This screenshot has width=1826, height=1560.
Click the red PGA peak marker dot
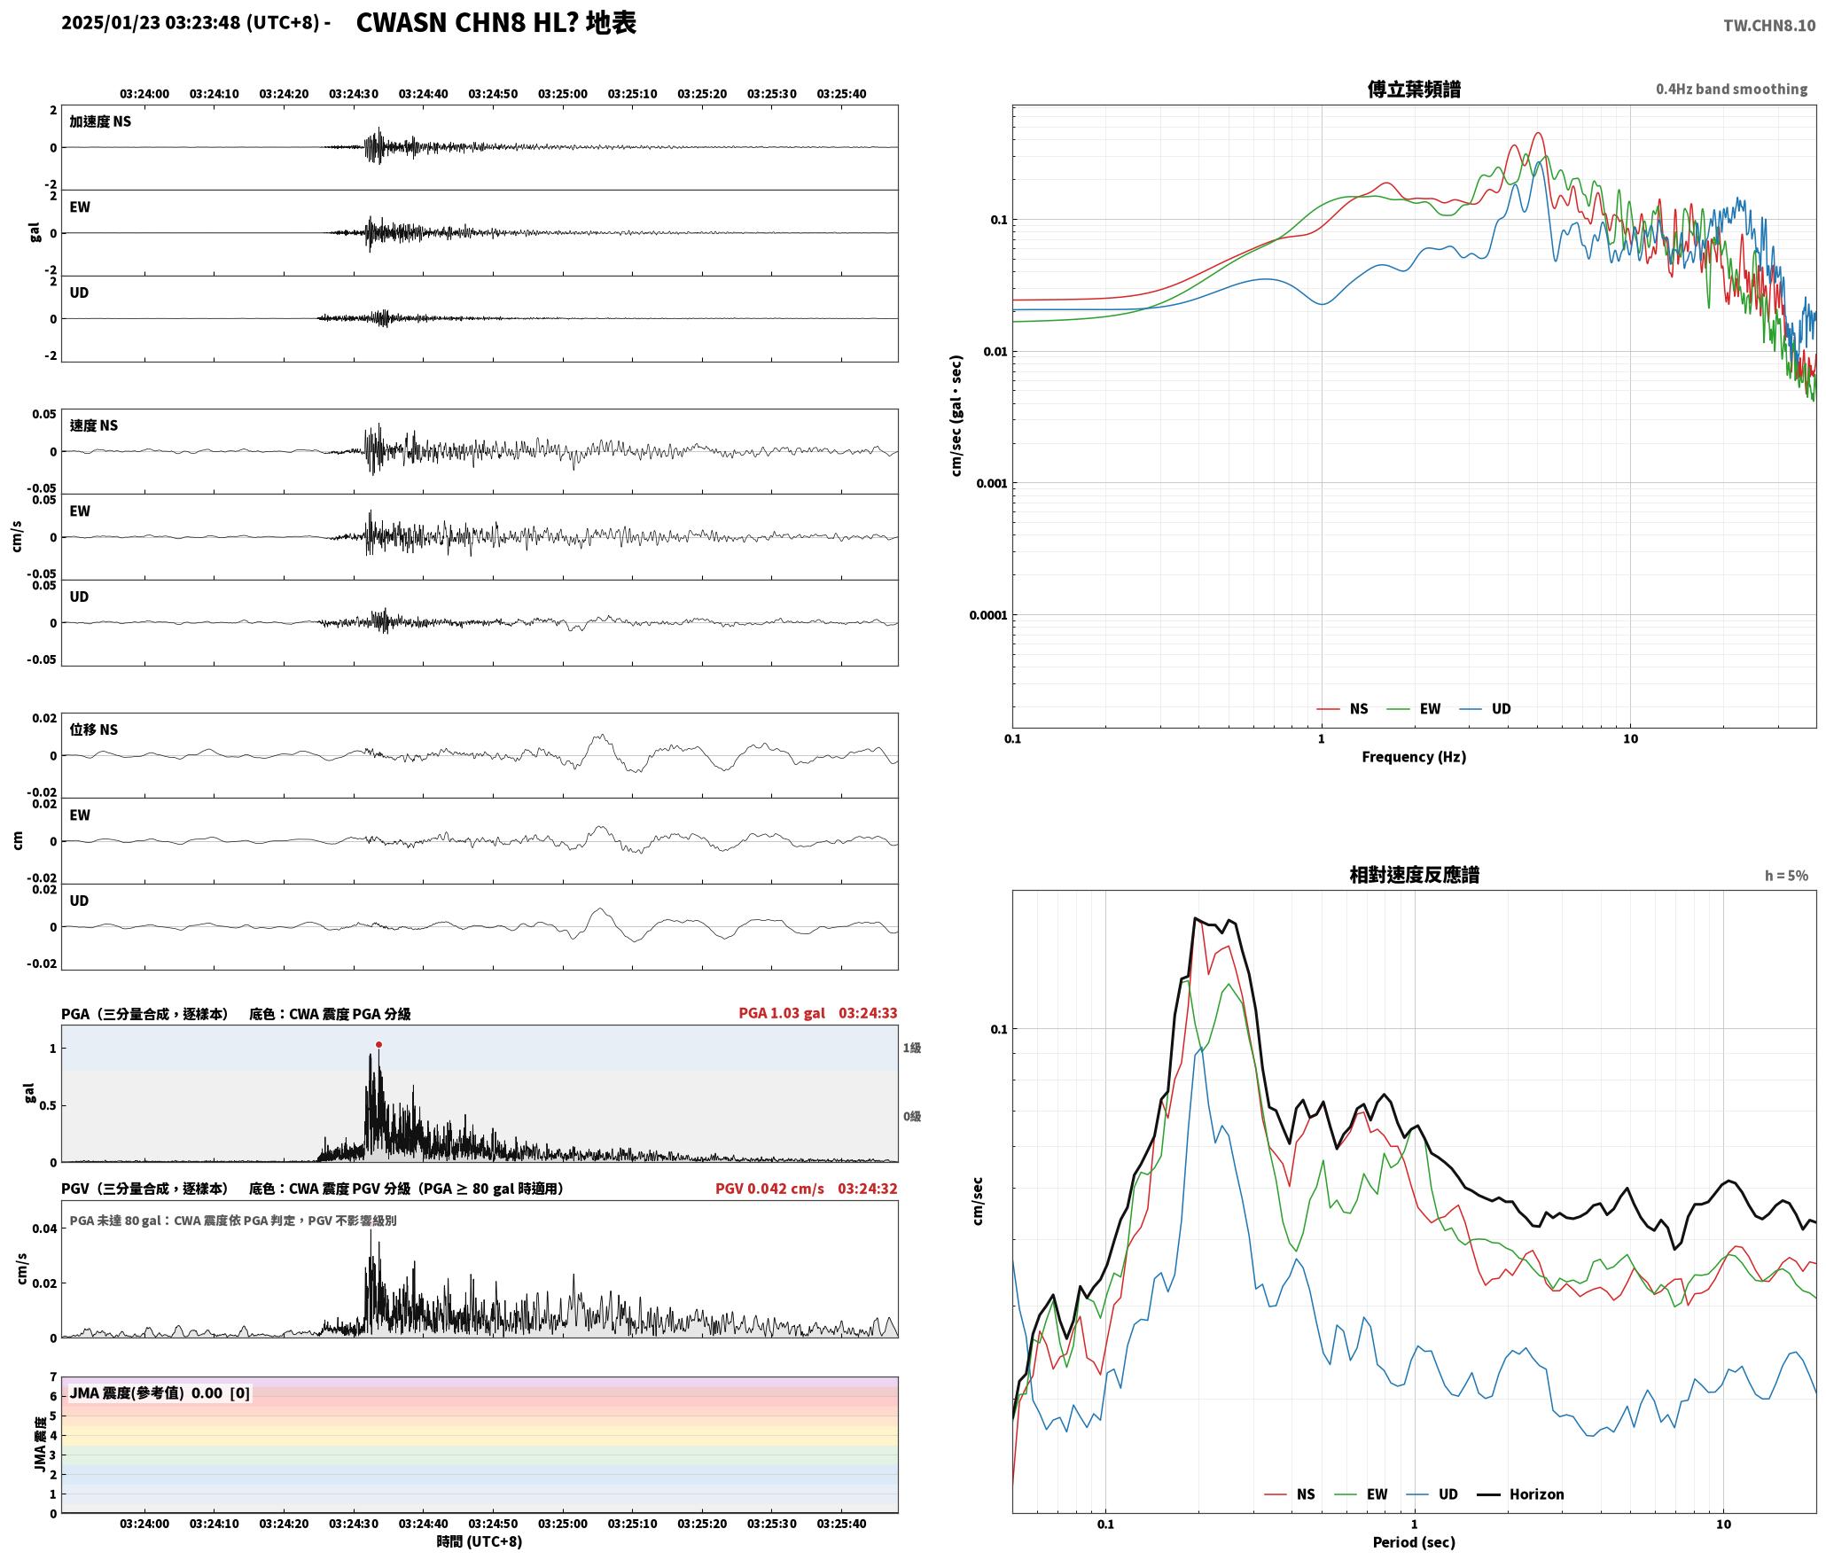click(378, 1045)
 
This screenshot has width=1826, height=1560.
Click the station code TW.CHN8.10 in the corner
click(1769, 26)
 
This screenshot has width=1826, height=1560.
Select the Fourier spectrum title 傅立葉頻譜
click(1414, 90)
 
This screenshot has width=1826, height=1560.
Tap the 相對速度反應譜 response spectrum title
click(1414, 875)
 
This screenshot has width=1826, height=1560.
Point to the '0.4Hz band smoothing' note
click(1731, 90)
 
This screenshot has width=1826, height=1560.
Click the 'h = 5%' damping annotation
click(1786, 876)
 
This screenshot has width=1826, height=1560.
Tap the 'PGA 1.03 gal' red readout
click(781, 1013)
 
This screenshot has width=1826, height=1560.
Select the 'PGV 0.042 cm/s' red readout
click(769, 1189)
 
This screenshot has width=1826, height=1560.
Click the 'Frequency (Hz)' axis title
click(1414, 757)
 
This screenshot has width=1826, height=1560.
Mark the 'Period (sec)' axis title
click(1414, 1542)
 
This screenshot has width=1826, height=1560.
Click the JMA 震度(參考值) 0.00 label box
click(160, 1393)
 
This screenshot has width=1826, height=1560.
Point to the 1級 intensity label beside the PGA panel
click(912, 1049)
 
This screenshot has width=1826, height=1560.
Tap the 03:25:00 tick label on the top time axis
click(562, 94)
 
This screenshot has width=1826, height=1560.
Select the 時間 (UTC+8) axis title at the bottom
click(479, 1541)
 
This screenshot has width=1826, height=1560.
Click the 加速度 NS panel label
click(100, 121)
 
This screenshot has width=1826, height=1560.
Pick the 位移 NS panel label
click(94, 729)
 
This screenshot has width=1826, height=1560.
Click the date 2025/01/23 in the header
click(111, 23)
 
